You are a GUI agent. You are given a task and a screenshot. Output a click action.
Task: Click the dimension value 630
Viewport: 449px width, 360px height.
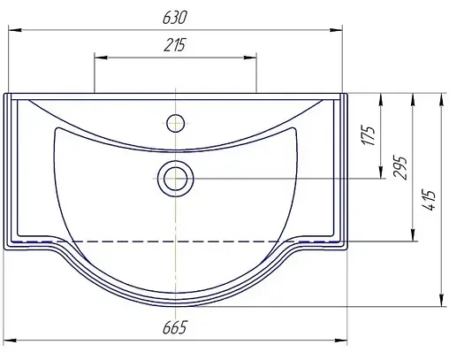coord(175,18)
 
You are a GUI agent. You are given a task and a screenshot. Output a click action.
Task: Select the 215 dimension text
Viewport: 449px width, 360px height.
coord(175,47)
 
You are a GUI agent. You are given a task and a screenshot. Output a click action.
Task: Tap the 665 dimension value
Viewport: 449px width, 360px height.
coord(175,328)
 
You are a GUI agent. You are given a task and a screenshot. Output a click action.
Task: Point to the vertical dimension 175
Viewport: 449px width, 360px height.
coord(369,135)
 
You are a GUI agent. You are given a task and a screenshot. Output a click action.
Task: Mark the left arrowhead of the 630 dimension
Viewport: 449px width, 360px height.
coord(11,31)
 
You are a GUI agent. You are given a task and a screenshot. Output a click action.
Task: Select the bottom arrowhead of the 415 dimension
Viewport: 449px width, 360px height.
coord(441,302)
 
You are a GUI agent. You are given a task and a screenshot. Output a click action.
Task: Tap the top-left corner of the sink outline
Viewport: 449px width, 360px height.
coord(5,93)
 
